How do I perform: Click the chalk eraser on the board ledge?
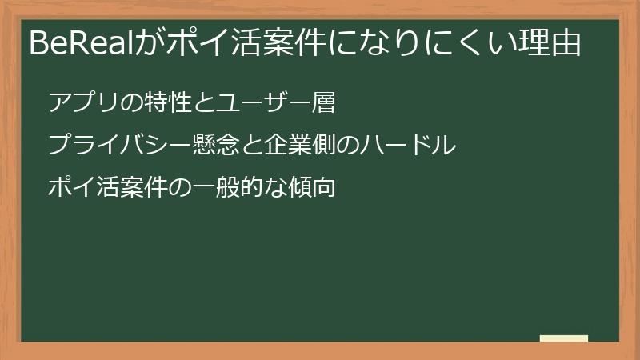click(x=564, y=338)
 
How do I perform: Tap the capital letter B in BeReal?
click(x=38, y=44)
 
